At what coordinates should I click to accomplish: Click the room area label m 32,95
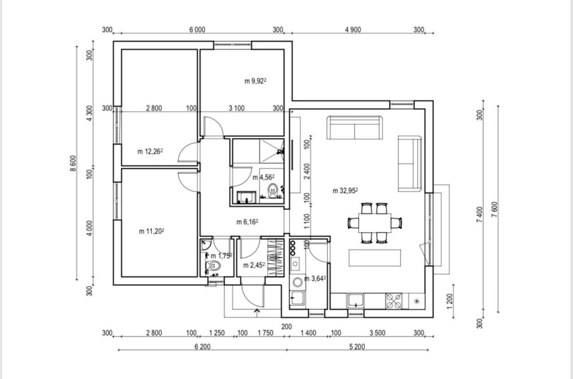click(x=346, y=190)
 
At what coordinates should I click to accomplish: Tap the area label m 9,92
click(x=256, y=81)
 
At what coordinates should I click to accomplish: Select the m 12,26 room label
click(x=150, y=151)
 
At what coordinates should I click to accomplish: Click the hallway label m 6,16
click(x=248, y=222)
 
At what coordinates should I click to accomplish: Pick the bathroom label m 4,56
click(x=264, y=178)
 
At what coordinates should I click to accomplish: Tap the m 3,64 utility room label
click(x=315, y=279)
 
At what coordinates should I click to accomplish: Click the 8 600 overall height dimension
click(x=73, y=163)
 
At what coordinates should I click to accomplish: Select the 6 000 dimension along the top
click(x=197, y=30)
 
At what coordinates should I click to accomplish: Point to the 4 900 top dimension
click(x=353, y=30)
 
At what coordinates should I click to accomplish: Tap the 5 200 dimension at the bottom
click(x=357, y=347)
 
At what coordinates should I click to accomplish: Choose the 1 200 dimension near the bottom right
click(x=450, y=300)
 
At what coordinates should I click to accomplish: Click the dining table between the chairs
click(x=375, y=223)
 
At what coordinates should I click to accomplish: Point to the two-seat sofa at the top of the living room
click(x=355, y=127)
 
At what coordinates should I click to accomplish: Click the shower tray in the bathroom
click(x=271, y=151)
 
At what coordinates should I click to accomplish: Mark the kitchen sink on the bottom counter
click(x=355, y=300)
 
